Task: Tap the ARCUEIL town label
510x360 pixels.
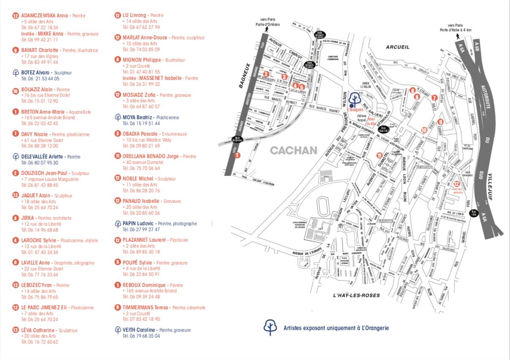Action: pos(398,47)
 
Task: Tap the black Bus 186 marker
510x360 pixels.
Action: pos(475,213)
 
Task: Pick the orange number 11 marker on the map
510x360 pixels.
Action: pos(379,155)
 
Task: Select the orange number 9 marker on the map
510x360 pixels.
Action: pos(440,122)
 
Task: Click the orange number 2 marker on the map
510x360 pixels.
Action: pos(266,74)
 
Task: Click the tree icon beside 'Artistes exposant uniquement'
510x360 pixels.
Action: pos(270,327)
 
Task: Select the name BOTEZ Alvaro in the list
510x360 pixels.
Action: pos(34,73)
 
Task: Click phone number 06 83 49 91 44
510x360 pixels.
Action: pos(40,62)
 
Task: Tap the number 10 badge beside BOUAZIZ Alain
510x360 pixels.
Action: pos(16,90)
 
